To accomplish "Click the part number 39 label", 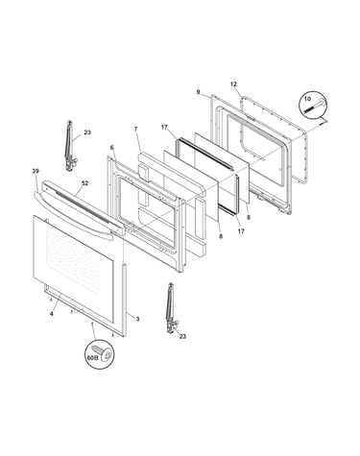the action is (x=36, y=171).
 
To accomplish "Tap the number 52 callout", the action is (x=84, y=183).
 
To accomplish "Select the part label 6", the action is (x=111, y=148).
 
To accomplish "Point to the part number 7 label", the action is (x=135, y=130).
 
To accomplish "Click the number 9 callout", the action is (x=198, y=92).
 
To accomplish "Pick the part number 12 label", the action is (x=233, y=84).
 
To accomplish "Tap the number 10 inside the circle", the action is (x=307, y=99).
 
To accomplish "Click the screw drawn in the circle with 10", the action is (x=314, y=107).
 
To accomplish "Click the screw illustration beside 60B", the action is (x=103, y=353).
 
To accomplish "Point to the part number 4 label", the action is (x=51, y=314).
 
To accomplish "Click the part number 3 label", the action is (x=137, y=319).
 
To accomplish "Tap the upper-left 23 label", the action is (x=87, y=132).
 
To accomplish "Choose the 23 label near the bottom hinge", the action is (x=182, y=336).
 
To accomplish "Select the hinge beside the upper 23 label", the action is (x=70, y=146).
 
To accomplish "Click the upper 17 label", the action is (x=164, y=128).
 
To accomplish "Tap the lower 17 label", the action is (x=241, y=230).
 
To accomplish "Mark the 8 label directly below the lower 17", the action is (x=221, y=236).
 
